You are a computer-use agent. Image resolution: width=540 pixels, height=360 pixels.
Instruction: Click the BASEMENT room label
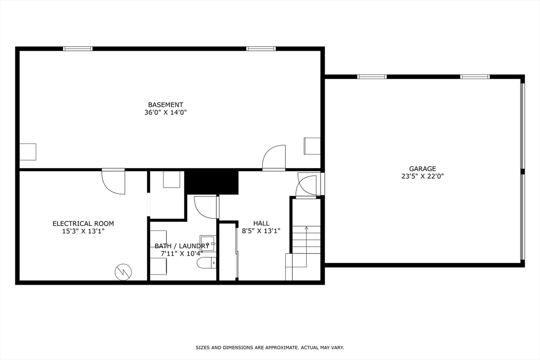tap(166, 105)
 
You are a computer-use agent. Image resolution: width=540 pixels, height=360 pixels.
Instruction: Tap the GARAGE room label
tap(422, 169)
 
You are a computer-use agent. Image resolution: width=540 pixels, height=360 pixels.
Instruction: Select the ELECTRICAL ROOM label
tap(83, 223)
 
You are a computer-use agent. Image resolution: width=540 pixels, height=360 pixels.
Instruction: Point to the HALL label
tap(261, 223)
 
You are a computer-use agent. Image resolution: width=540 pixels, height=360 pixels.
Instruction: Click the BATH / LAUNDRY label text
tap(181, 246)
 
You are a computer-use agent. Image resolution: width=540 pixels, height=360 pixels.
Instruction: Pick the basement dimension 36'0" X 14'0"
tap(166, 112)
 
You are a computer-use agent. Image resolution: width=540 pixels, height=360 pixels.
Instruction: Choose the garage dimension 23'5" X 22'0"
tap(422, 177)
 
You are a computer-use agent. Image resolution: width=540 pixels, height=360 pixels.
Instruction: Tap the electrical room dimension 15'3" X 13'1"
tap(83, 231)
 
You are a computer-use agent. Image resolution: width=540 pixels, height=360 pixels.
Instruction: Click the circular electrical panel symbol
tap(123, 272)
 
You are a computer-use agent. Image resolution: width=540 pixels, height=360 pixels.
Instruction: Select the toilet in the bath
tap(206, 262)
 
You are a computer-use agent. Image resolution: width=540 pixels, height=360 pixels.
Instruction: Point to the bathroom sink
tap(208, 244)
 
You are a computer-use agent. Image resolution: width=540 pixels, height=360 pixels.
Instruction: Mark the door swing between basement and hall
tap(274, 158)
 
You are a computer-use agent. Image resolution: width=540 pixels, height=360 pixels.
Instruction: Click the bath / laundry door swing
tap(206, 207)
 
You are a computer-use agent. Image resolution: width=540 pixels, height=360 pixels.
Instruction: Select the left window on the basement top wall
tap(78, 49)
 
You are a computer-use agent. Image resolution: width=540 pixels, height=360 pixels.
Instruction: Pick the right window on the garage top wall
tap(475, 77)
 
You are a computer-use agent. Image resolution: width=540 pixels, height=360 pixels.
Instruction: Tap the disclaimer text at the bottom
tap(269, 348)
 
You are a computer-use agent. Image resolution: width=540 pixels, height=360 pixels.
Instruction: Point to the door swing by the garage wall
tap(306, 186)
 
